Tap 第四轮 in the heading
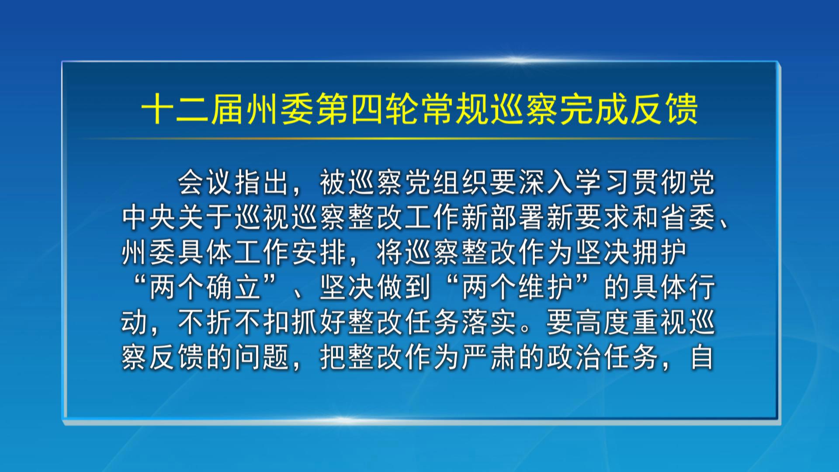click(367, 109)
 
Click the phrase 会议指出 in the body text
click(234, 182)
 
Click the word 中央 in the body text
click(149, 217)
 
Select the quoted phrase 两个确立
click(205, 287)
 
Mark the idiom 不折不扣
click(234, 322)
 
